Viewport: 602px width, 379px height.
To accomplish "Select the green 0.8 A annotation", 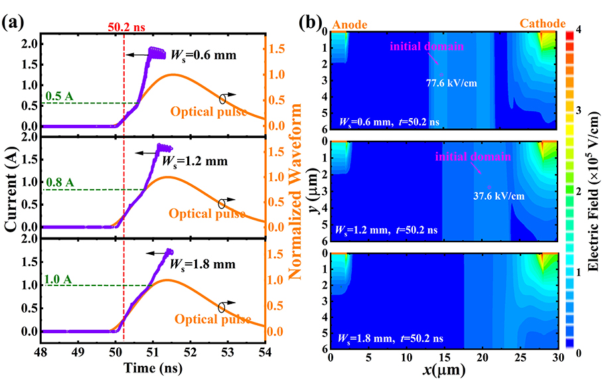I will (60, 181).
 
